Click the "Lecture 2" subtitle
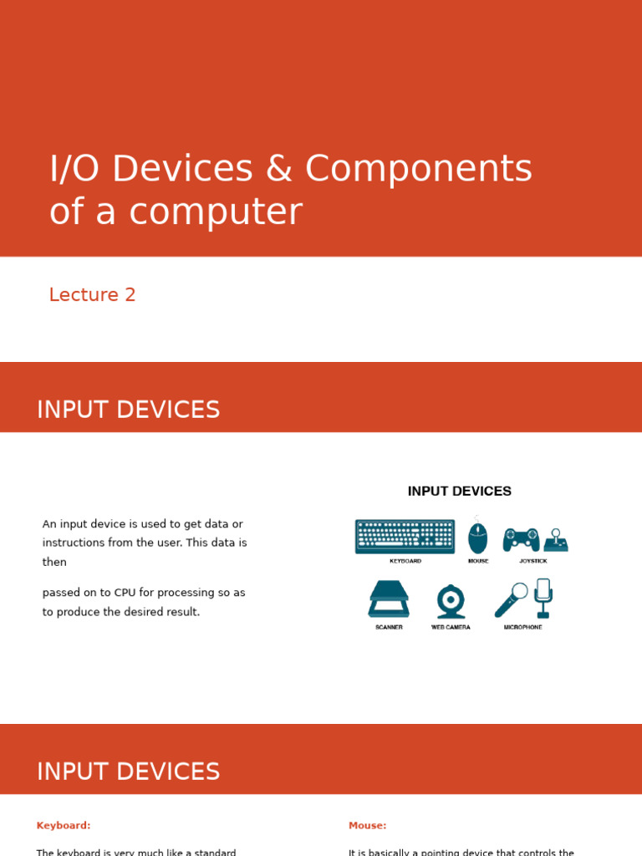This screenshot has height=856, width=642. coord(92,295)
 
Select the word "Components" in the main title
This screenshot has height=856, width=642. coord(418,170)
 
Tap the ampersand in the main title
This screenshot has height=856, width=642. coord(278,170)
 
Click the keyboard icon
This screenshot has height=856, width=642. coord(405,537)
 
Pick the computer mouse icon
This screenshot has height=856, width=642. coord(477,538)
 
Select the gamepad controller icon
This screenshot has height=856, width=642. coord(521,539)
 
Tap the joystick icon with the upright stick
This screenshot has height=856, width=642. coord(556,540)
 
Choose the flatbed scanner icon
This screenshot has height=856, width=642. coord(389,599)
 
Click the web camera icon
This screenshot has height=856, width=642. coord(451,601)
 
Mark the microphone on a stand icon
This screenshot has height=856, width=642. coord(543,597)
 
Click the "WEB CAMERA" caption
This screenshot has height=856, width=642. coord(451,627)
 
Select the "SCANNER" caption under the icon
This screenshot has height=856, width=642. coord(389,627)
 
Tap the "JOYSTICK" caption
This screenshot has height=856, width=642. coord(532,561)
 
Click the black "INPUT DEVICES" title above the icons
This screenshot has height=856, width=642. coord(459,492)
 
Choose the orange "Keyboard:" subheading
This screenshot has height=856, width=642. coord(64,826)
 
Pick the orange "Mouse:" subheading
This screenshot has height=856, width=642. coord(367,826)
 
